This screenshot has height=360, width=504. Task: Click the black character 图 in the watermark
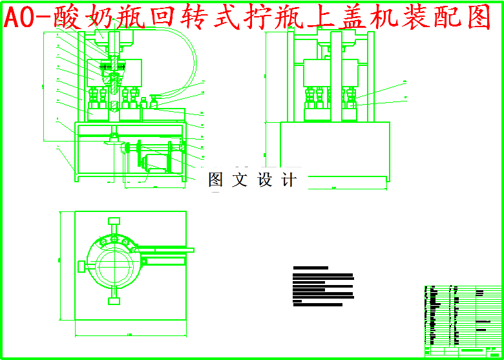[x=215, y=180]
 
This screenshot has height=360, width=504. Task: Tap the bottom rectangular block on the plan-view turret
[x=114, y=299]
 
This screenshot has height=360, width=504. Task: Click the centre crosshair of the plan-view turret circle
[x=115, y=266]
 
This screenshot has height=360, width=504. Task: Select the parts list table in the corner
[x=463, y=321]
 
